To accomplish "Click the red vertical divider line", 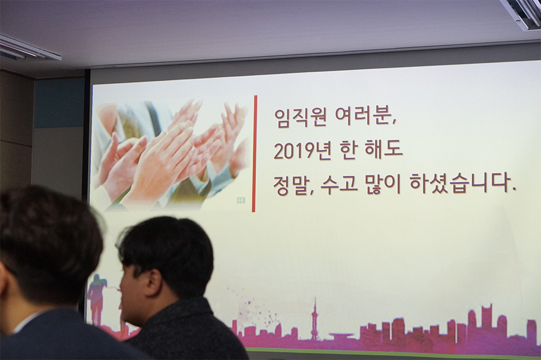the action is pos(254,154).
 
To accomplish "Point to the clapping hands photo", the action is pos(173,154).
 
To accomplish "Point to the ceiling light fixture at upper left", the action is pos(28,48).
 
